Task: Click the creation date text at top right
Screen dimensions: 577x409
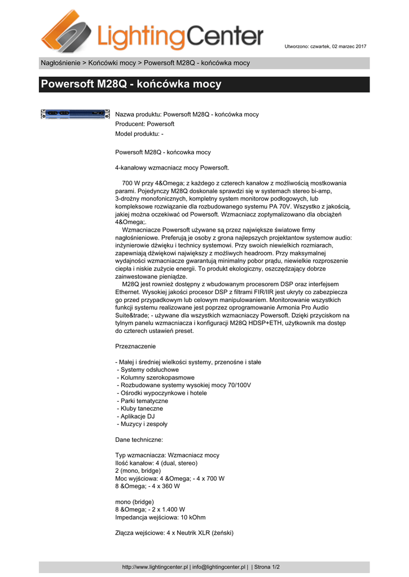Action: click(x=326, y=46)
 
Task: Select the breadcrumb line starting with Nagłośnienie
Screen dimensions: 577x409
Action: click(x=145, y=63)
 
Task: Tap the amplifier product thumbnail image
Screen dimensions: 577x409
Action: click(x=74, y=114)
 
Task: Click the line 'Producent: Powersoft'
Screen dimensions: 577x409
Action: click(x=145, y=123)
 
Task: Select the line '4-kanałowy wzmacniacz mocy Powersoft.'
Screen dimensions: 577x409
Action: click(x=172, y=167)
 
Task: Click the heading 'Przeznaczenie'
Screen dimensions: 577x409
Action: click(x=135, y=346)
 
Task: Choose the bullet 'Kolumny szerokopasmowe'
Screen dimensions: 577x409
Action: click(x=155, y=378)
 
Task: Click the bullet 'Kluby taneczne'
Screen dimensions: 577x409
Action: click(x=140, y=409)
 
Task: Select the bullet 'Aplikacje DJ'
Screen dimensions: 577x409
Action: click(x=135, y=416)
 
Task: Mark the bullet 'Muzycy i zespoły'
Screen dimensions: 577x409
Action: click(x=142, y=424)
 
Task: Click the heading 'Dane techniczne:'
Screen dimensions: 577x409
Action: click(x=139, y=440)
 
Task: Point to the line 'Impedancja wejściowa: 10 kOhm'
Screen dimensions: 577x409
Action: click(x=160, y=517)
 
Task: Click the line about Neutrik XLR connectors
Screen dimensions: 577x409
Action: click(x=174, y=532)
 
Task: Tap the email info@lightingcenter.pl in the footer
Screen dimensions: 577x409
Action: click(x=219, y=567)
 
